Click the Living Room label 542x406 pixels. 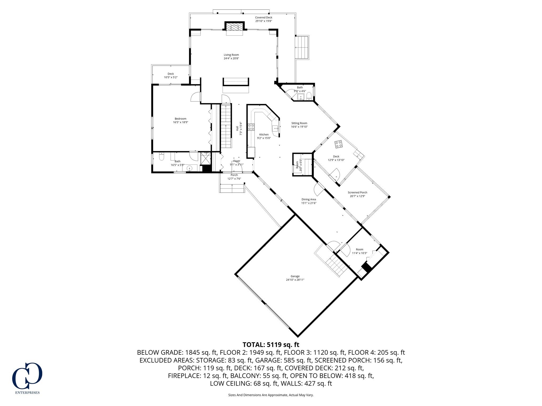pos(231,55)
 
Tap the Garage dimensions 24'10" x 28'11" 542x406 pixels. pos(295,280)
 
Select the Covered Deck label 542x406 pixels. pos(264,17)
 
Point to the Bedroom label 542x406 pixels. pos(180,119)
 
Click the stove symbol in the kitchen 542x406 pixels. pos(251,127)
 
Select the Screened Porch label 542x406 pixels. pos(357,192)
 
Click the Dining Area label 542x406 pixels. pos(309,199)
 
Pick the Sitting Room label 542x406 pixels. pos(299,123)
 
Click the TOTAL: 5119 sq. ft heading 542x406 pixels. pos(271,345)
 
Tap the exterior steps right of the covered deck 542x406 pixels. pos(302,48)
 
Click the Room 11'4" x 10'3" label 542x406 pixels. pos(359,249)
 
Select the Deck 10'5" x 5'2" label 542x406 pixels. pos(171,74)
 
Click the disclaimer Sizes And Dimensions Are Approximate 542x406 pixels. pos(271,395)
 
